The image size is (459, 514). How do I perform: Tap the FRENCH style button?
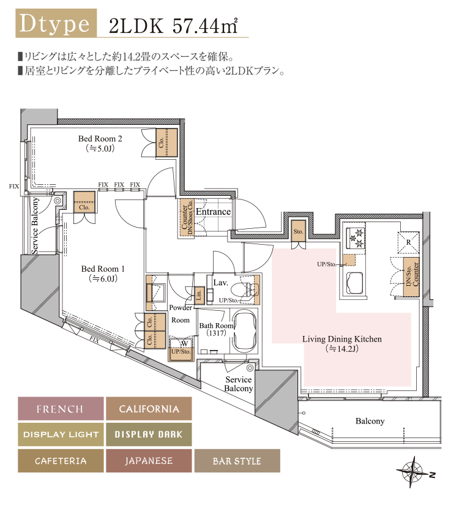59,409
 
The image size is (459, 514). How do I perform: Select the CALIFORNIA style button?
149,409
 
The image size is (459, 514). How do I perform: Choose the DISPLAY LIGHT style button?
59,434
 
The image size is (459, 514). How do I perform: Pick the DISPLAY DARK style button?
149,434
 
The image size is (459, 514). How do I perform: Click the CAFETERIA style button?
59,461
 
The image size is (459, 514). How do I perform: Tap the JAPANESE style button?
149,461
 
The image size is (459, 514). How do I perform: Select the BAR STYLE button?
237,461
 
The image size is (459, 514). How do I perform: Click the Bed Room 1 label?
103,269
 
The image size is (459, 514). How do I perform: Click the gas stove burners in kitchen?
356,238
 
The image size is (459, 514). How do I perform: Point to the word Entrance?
213,212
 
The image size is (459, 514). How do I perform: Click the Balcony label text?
370,422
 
